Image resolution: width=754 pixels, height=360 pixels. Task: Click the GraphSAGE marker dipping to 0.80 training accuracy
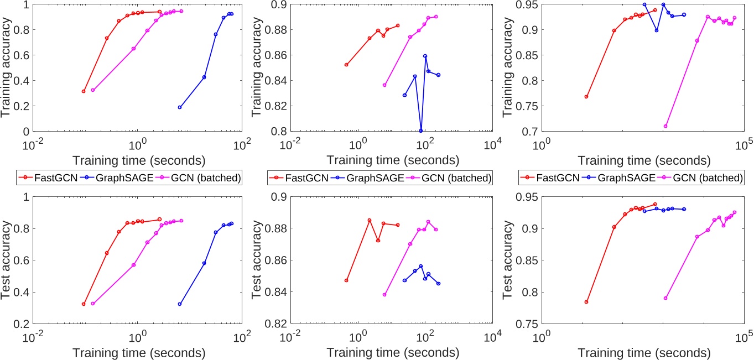tap(421, 131)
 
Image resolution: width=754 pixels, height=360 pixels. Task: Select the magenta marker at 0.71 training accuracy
tap(665, 126)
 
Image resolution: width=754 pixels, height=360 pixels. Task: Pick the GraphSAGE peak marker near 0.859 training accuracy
tap(425, 56)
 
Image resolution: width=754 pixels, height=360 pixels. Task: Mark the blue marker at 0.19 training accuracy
tap(180, 107)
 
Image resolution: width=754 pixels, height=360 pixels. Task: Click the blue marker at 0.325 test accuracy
tap(180, 304)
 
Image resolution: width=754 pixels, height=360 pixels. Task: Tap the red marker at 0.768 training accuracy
tap(586, 97)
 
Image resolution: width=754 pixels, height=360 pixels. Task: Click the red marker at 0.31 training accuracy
tap(84, 91)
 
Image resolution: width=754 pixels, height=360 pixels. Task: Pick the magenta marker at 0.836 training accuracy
tap(384, 85)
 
